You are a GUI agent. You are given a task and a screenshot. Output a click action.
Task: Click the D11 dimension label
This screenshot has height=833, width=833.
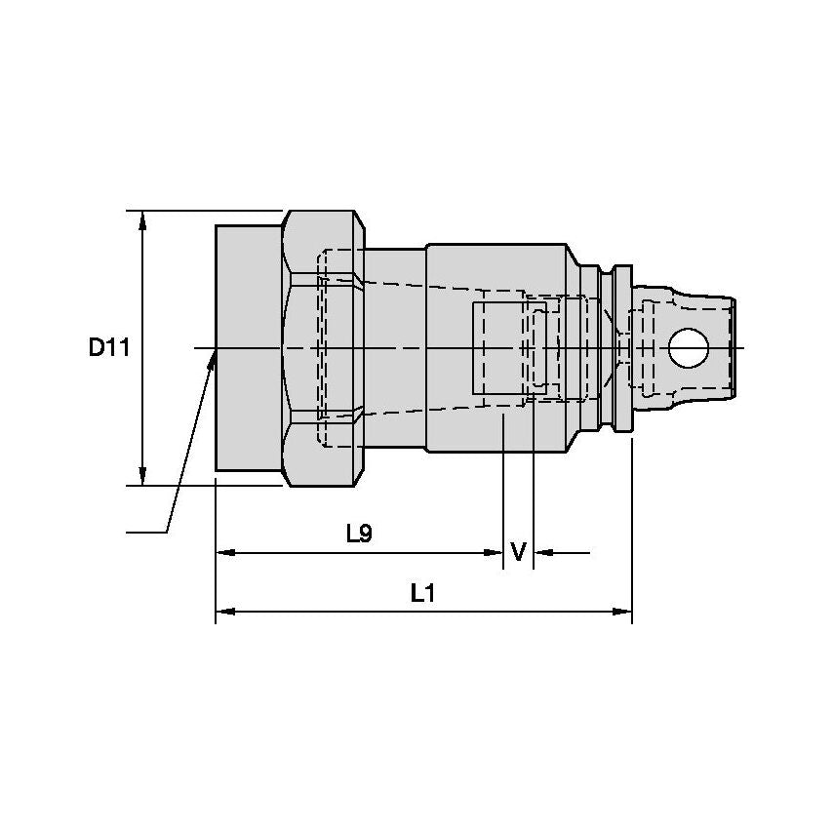pos(108,346)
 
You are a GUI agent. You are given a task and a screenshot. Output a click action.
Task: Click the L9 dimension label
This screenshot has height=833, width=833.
pos(360,534)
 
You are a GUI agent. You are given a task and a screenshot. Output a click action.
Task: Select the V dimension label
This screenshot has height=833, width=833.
pos(518,553)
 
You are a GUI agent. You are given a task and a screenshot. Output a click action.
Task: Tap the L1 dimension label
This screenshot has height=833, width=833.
pos(421,592)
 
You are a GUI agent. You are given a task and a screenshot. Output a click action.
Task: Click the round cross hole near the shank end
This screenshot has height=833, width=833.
pos(689,347)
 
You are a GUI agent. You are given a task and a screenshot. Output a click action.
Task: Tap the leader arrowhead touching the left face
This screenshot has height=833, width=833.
pos(212,361)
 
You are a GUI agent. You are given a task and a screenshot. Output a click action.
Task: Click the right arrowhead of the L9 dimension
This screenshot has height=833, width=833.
pos(494,553)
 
